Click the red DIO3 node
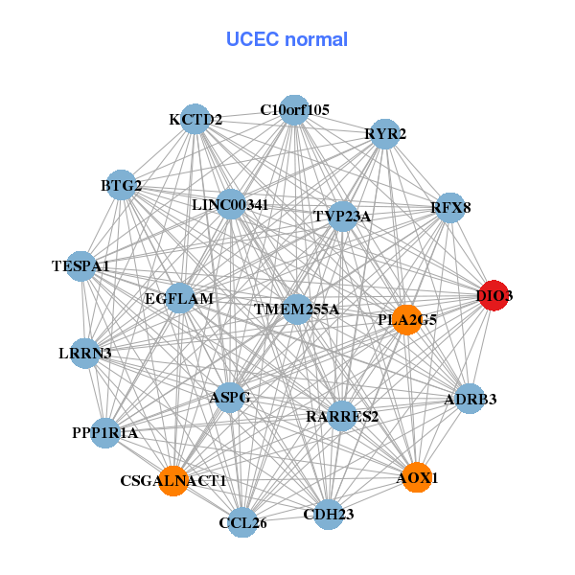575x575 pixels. click(493, 296)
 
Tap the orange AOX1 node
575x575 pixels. click(417, 476)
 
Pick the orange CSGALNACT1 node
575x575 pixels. click(174, 478)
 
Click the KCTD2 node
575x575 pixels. click(195, 119)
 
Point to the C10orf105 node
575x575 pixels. click(295, 110)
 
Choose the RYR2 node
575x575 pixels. click(383, 135)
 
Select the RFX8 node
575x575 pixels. click(450, 207)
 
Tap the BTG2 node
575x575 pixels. click(122, 184)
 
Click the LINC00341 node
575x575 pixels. click(231, 204)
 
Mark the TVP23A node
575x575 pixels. click(341, 217)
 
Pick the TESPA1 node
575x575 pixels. click(80, 265)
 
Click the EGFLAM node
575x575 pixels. click(180, 299)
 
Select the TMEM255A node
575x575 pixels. click(297, 310)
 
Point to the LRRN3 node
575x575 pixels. click(85, 354)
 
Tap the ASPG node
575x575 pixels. click(230, 397)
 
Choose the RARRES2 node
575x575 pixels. click(342, 416)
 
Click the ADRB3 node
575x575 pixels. click(469, 399)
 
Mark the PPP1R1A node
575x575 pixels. click(105, 433)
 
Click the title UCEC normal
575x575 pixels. click(287, 39)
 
